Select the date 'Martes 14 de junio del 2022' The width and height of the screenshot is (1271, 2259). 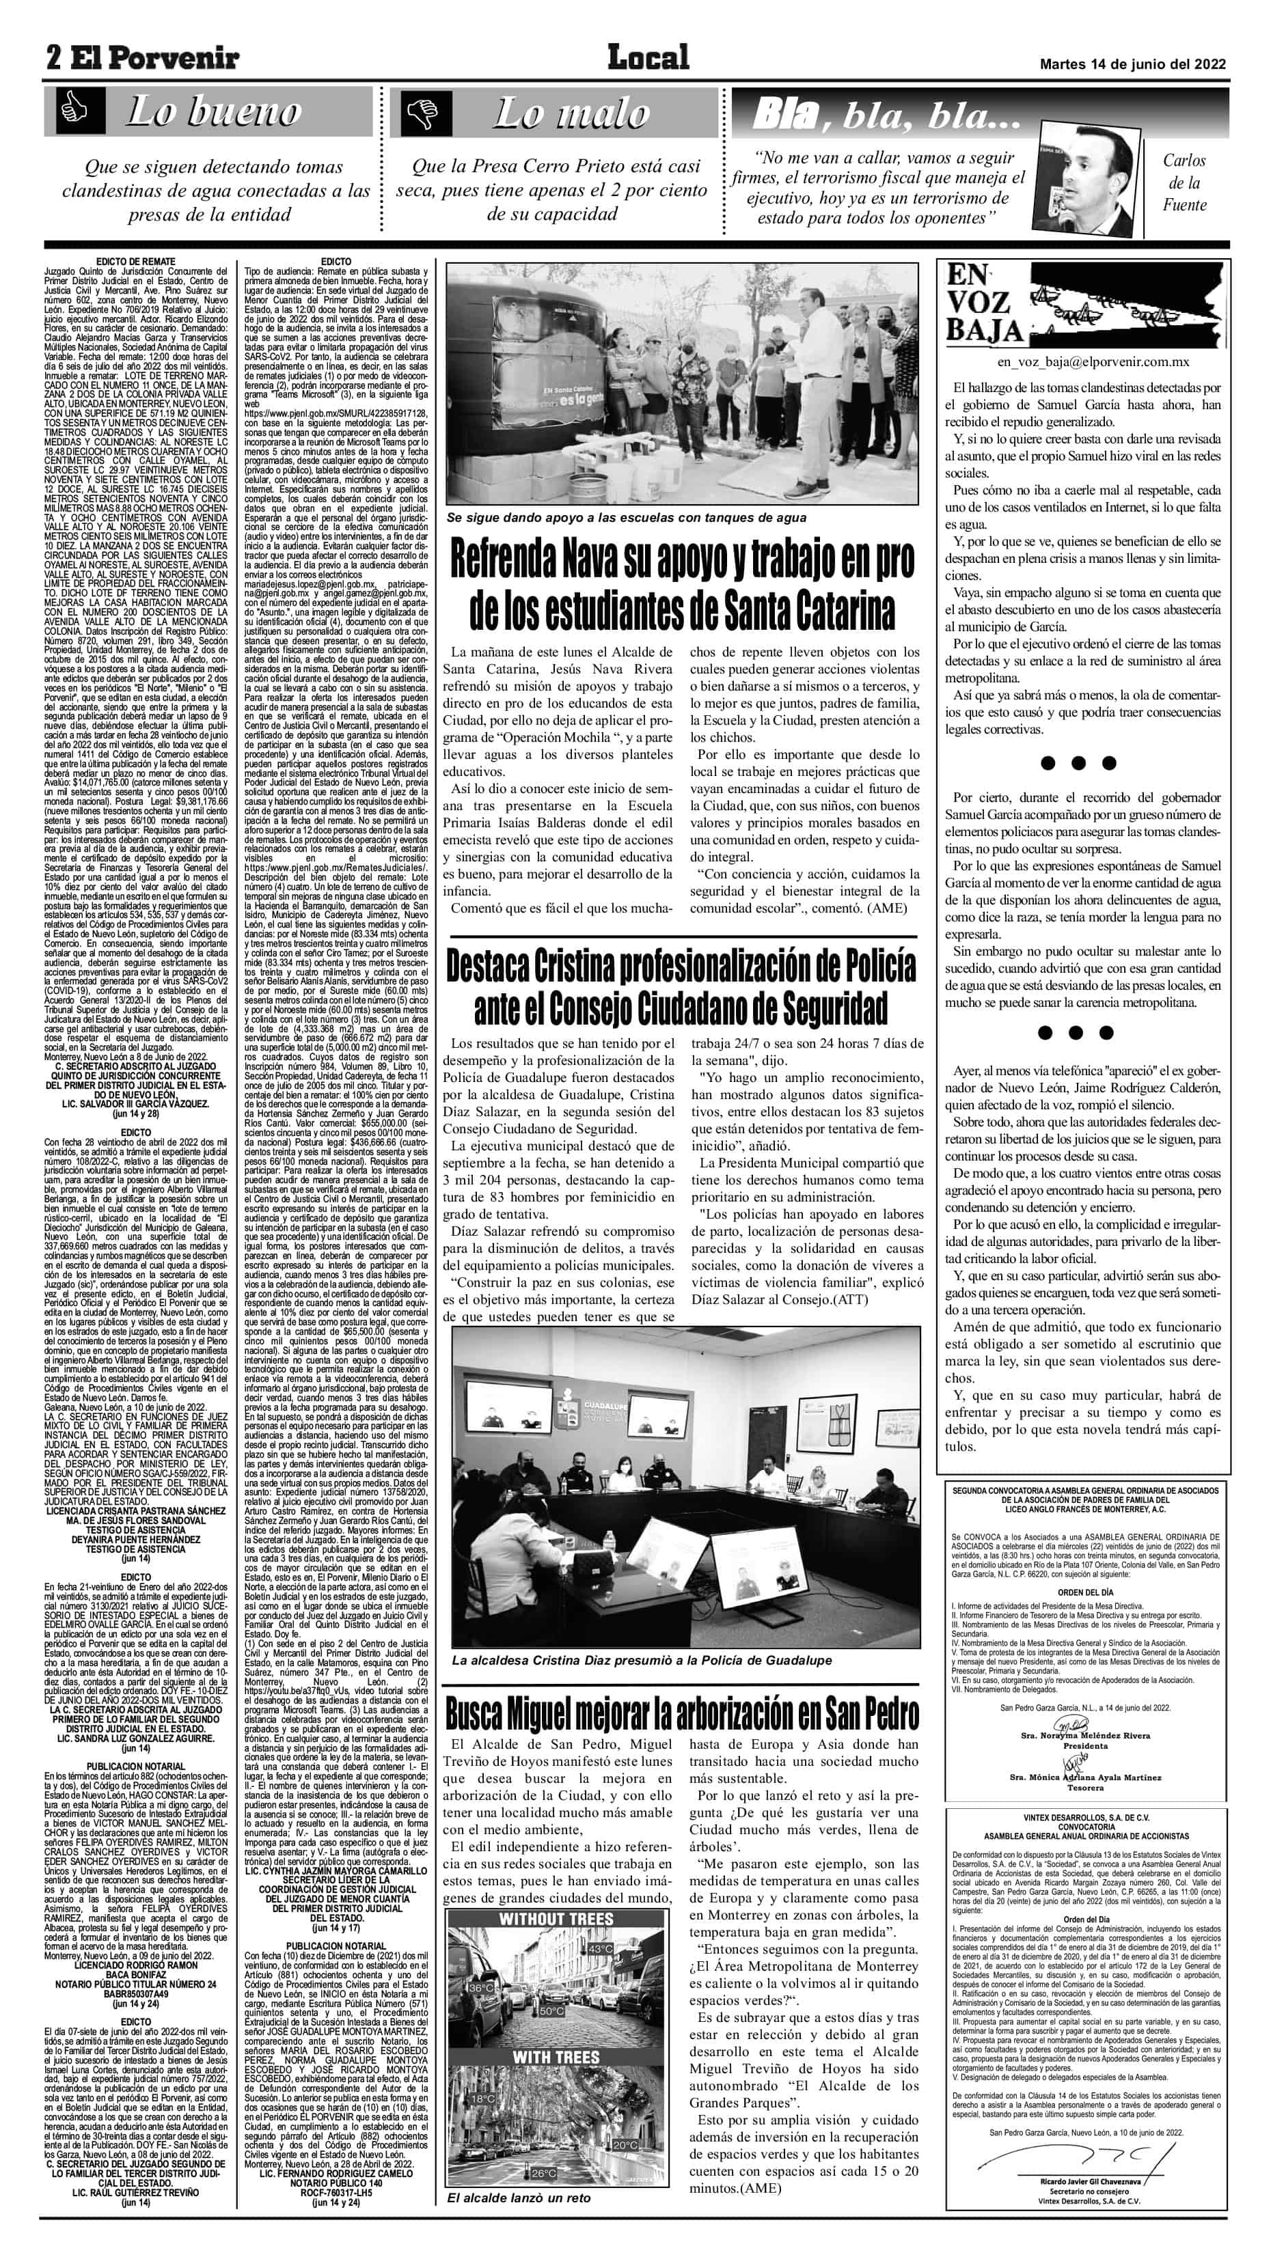pos(1132,64)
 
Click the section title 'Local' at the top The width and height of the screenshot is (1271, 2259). pos(648,58)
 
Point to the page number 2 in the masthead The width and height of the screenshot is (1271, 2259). pos(55,58)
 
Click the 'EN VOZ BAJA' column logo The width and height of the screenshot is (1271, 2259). pos(983,303)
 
